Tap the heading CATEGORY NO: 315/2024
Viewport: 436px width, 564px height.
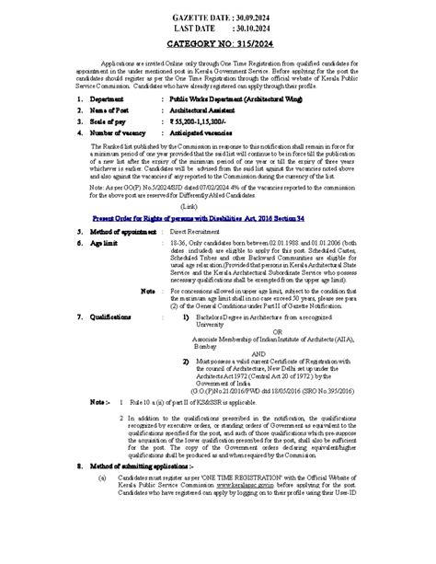(217, 43)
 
